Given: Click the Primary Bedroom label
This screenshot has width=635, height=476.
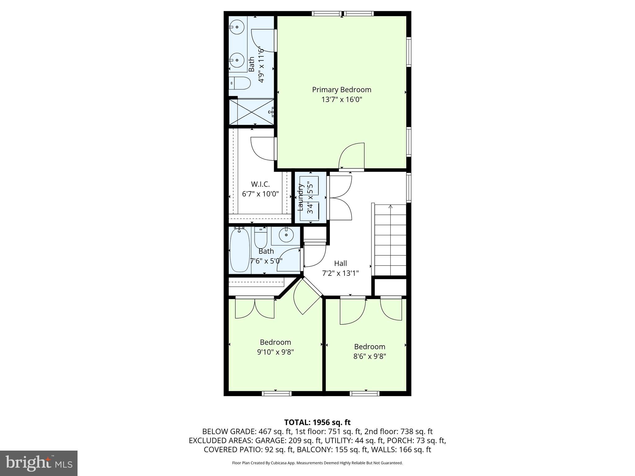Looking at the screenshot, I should [x=341, y=90].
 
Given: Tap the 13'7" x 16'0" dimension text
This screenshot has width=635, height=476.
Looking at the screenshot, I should [x=341, y=100].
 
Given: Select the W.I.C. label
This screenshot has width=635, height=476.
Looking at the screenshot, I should [x=260, y=184].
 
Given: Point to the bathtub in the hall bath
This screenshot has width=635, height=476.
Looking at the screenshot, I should [x=240, y=250].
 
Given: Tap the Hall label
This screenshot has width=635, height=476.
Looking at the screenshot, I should [x=340, y=263].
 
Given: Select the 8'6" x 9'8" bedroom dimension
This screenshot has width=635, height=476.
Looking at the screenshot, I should [x=370, y=356].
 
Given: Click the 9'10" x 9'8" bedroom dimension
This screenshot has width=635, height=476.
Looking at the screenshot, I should [x=275, y=352].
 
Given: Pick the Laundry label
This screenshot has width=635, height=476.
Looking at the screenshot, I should [x=300, y=197].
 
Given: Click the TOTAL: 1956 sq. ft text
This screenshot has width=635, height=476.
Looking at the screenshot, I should [x=317, y=422].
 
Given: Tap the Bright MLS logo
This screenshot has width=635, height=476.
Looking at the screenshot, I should [x=39, y=463].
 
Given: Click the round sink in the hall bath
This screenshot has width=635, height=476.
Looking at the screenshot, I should [x=286, y=236].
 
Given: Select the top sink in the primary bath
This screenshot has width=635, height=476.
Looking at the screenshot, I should [x=237, y=27].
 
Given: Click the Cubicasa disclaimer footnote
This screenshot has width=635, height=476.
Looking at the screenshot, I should [x=317, y=463].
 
